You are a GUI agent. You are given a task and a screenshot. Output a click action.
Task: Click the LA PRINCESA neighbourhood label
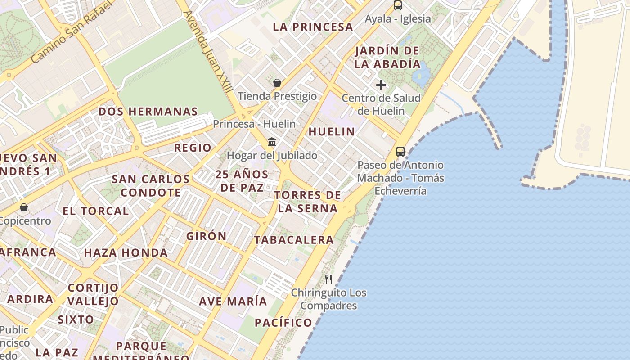tap(313, 27)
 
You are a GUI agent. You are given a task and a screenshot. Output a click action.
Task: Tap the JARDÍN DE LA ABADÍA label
tap(387, 57)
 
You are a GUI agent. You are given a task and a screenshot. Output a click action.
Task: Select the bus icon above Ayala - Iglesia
tap(398, 5)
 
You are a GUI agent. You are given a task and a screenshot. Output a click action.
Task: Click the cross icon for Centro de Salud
tap(381, 85)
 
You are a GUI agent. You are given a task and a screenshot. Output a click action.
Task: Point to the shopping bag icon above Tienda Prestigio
tap(277, 83)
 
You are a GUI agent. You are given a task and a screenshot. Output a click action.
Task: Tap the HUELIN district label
tap(332, 132)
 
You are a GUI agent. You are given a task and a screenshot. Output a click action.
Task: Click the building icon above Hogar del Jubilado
tap(272, 142)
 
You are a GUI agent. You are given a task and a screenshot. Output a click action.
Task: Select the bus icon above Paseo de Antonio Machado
tap(400, 152)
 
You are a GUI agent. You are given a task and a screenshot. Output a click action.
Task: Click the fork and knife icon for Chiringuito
tap(328, 279)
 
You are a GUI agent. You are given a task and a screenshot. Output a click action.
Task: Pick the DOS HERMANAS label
tap(148, 112)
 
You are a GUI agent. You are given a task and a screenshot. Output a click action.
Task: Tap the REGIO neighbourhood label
tap(193, 148)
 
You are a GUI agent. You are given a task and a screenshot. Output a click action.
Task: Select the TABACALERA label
tap(294, 240)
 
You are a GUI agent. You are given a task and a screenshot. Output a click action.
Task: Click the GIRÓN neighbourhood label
tap(207, 236)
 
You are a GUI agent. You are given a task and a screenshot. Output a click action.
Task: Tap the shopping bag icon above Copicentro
tap(24, 207)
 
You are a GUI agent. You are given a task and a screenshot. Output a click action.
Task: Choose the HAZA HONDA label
tap(126, 253)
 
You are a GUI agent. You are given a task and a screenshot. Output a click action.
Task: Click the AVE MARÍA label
tap(233, 301)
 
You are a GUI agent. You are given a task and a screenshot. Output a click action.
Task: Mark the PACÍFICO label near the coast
tap(283, 323)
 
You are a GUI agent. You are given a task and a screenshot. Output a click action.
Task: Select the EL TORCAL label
tap(95, 211)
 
